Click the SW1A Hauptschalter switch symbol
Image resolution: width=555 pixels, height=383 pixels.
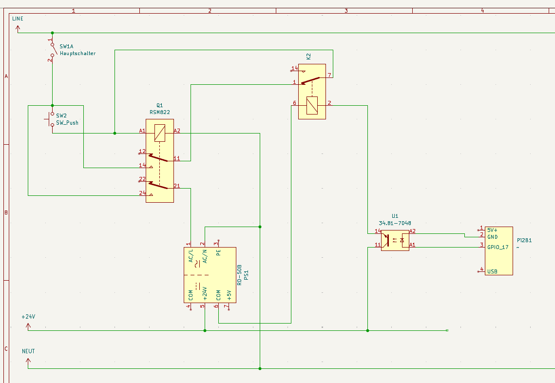pos(52,50)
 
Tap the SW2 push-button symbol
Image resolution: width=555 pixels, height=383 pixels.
pos(52,118)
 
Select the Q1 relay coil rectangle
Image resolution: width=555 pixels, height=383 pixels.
pos(160,133)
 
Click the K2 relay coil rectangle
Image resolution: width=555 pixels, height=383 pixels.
pos(312,105)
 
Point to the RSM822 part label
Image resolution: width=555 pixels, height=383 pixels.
pos(159,112)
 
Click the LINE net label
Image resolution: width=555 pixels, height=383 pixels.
pos(18,19)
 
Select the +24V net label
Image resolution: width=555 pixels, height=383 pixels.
pos(28,317)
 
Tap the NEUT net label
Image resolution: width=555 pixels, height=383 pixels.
pos(28,351)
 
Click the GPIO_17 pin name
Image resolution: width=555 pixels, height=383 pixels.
pos(498,247)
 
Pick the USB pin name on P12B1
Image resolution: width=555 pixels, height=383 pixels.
pos(492,271)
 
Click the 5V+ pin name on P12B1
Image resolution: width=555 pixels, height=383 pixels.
pos(492,230)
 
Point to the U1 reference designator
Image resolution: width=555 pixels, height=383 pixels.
pos(395,216)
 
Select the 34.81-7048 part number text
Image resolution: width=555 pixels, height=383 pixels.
pos(395,223)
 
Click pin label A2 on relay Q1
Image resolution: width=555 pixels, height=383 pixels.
pos(177,131)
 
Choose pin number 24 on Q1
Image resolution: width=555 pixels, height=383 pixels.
pos(142,193)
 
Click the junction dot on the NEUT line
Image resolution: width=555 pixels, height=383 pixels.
pos(260,368)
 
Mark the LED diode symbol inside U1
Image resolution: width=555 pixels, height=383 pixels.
pos(402,240)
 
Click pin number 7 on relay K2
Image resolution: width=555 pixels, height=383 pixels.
pos(329,75)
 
